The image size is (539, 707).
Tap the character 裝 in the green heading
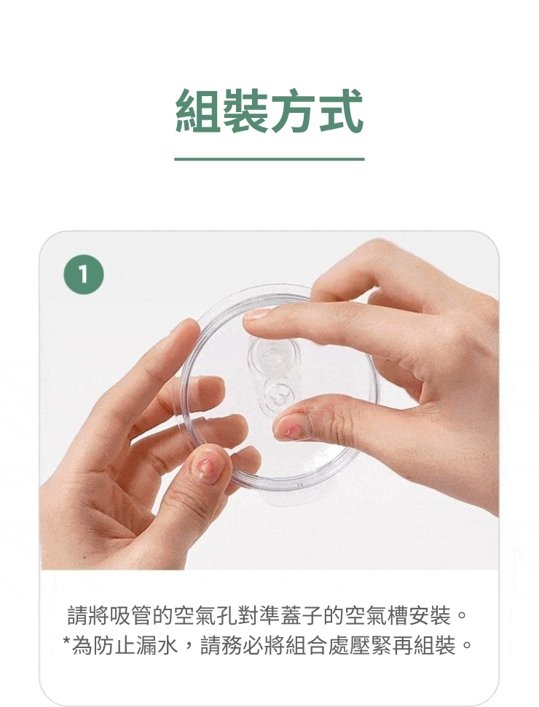[x=246, y=111]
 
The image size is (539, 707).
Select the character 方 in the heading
[x=294, y=111]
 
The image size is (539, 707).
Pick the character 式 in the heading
[x=341, y=111]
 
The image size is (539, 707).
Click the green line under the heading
[x=269, y=159]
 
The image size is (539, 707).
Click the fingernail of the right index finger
[x=256, y=314]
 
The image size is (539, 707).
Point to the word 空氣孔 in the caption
[x=206, y=616]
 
